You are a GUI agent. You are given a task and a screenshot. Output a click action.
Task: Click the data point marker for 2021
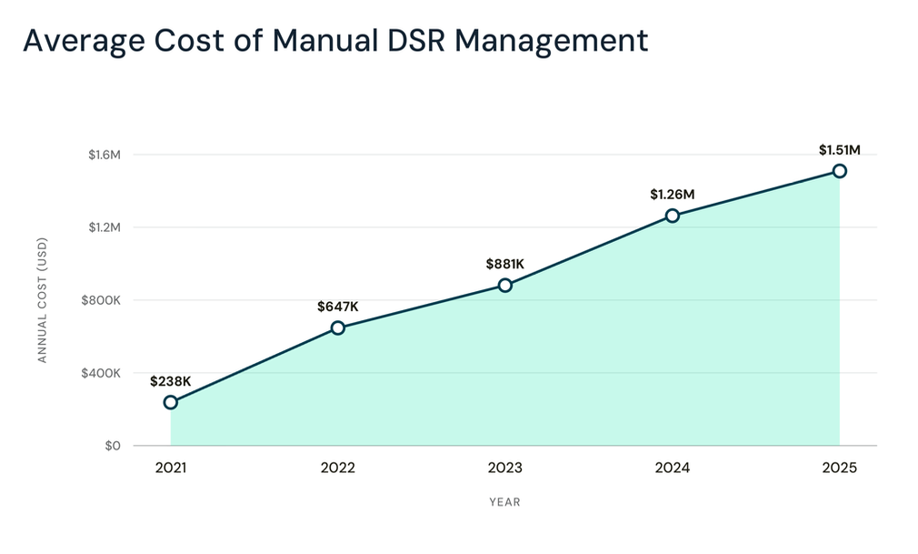(x=170, y=402)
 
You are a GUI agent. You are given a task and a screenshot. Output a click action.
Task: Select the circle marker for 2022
(x=338, y=327)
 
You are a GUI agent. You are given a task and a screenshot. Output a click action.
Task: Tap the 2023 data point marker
(x=505, y=286)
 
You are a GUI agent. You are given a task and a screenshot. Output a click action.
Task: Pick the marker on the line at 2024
(x=672, y=216)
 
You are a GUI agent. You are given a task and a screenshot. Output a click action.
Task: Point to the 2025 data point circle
(x=840, y=171)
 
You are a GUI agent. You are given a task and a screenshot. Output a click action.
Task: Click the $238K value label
(x=170, y=382)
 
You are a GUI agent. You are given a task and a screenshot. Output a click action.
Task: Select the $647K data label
(x=338, y=307)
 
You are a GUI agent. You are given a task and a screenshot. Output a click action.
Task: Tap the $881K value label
(x=505, y=265)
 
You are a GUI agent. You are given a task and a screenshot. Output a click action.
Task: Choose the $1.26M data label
(x=672, y=195)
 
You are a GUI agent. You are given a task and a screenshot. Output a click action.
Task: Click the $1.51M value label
(x=840, y=150)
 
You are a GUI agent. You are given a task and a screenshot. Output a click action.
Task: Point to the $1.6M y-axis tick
(x=105, y=155)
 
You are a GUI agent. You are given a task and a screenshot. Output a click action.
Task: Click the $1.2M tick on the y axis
(x=105, y=227)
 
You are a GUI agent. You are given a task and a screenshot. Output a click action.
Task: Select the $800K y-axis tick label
(x=101, y=301)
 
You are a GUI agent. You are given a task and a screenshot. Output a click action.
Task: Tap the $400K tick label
(x=101, y=374)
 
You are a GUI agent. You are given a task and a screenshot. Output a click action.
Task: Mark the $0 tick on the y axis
(x=113, y=446)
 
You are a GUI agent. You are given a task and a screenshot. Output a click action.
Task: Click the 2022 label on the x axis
(x=338, y=468)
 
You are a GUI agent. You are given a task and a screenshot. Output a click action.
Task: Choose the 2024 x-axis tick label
(x=672, y=468)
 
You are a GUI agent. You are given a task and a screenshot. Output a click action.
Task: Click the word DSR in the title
(x=417, y=41)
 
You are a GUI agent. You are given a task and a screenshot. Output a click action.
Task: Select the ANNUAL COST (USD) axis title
(x=42, y=300)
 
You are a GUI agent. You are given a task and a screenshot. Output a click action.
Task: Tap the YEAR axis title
(x=504, y=502)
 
